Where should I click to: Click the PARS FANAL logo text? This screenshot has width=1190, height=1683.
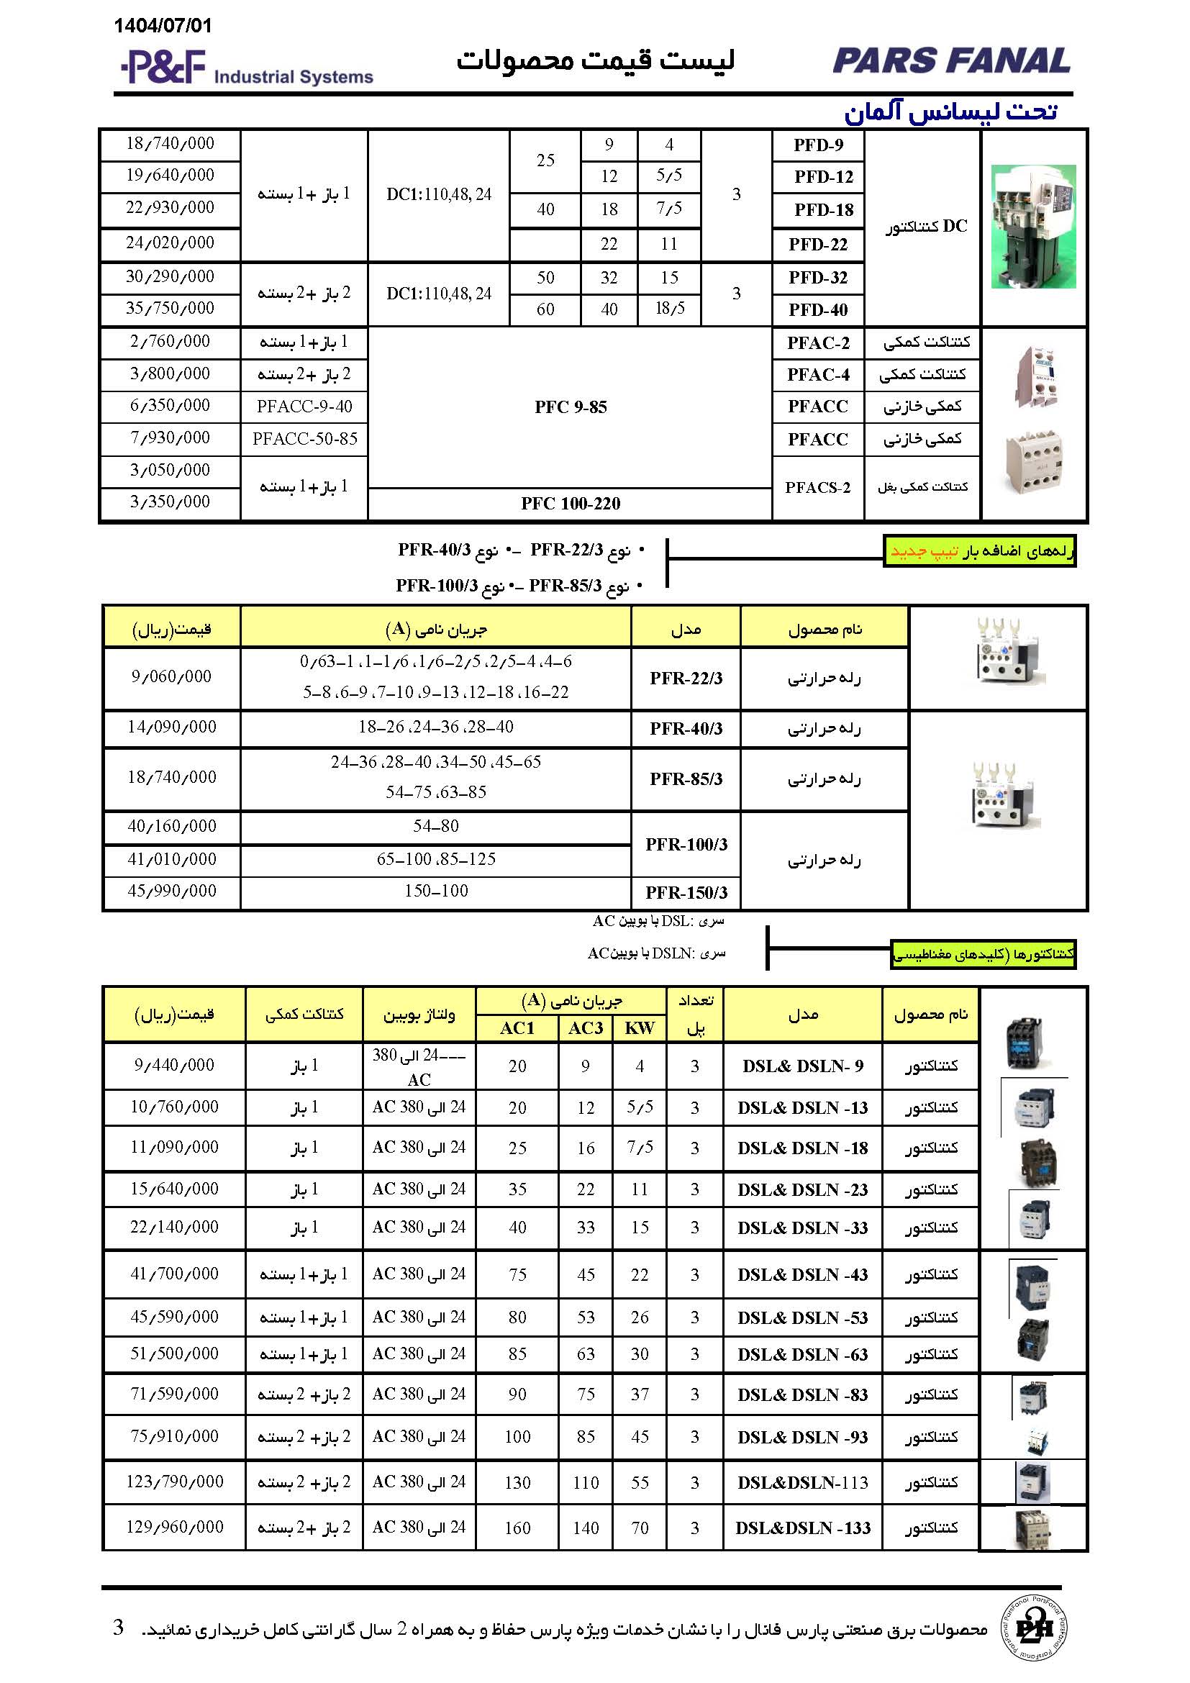[x=951, y=61]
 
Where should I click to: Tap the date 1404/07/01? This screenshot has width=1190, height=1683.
[x=163, y=27]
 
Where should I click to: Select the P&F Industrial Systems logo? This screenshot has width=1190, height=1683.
[x=247, y=68]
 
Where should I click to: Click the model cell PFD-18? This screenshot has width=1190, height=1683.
[x=824, y=210]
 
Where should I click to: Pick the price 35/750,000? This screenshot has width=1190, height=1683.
[x=170, y=309]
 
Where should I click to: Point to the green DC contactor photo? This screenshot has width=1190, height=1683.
[x=1033, y=227]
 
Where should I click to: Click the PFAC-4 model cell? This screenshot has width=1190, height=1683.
[x=818, y=375]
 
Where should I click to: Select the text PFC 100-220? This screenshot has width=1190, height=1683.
[x=570, y=504]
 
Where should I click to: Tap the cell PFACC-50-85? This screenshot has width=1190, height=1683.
[x=305, y=439]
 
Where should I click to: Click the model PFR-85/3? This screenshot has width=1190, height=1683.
[x=686, y=779]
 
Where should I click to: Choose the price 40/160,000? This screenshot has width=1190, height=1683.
[x=171, y=827]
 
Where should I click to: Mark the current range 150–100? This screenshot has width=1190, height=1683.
[x=436, y=892]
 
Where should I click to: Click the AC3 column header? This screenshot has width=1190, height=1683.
[x=586, y=1028]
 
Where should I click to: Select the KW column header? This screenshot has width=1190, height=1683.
[x=640, y=1028]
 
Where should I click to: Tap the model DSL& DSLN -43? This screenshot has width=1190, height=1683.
[x=802, y=1275]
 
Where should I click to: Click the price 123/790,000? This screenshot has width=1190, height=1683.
[x=174, y=1482]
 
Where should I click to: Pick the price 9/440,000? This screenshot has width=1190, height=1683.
[x=174, y=1065]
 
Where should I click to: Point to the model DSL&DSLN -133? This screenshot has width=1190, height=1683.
[x=802, y=1528]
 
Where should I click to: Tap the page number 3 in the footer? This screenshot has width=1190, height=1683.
[x=118, y=1628]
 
